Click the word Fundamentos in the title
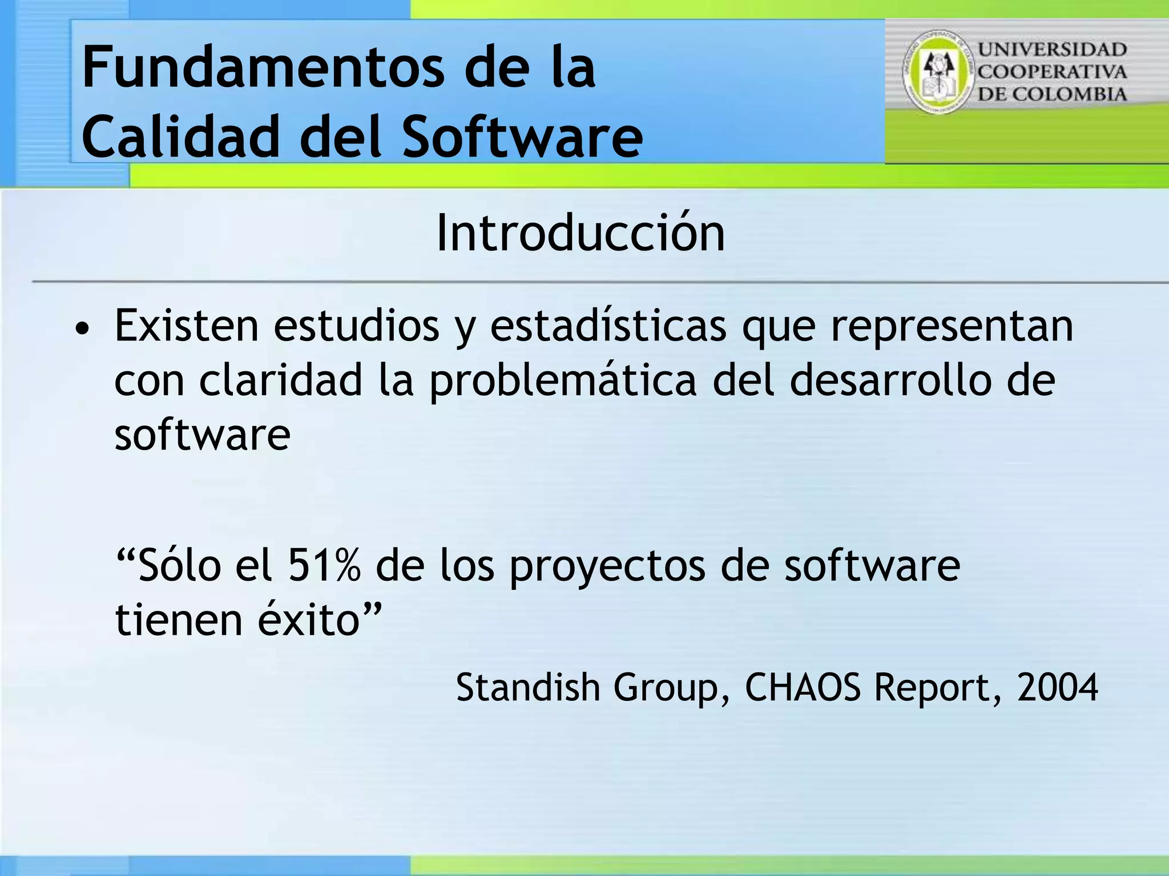263,68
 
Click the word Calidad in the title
180,137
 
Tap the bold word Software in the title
522,137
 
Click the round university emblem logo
938,72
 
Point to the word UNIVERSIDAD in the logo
1052,50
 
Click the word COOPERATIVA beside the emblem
1052,72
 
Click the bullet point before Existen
83,329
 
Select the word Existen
187,326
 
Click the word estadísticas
608,326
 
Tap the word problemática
562,381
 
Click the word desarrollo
890,380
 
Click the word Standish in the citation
528,687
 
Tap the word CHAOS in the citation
803,687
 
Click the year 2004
1057,687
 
